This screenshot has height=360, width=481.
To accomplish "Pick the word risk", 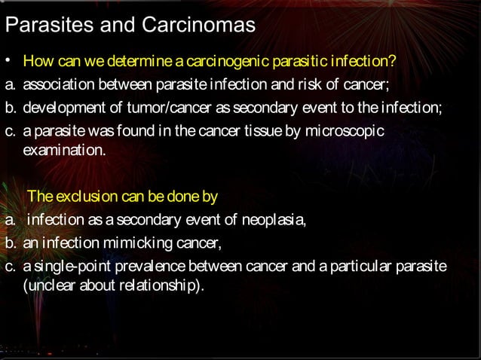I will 302,84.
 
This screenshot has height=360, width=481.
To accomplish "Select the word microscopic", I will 352,132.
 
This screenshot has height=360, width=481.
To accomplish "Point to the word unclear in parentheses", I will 51,286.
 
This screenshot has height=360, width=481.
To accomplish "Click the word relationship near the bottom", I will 159,286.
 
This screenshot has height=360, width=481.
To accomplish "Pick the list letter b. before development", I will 10,108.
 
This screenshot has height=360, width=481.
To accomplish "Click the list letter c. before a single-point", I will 10,268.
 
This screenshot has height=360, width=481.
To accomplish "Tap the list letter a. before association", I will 10,84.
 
